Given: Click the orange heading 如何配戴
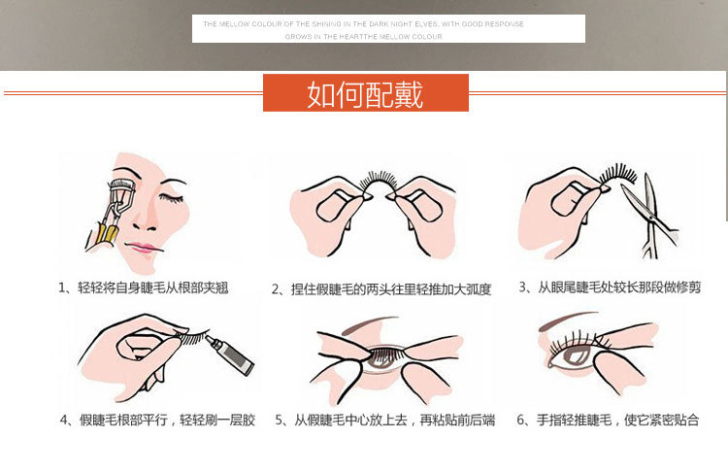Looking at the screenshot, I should coord(365,93).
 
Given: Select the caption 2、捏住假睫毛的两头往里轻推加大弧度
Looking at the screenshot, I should coord(381,289).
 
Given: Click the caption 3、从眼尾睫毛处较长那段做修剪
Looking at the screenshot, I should coord(609,287).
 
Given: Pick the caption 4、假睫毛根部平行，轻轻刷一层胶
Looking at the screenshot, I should coord(157,421).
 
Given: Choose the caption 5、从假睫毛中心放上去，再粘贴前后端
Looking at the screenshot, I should coord(384,421).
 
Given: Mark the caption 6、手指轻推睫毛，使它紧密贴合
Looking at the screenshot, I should coord(609,421).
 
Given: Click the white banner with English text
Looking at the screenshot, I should coord(388,29).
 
